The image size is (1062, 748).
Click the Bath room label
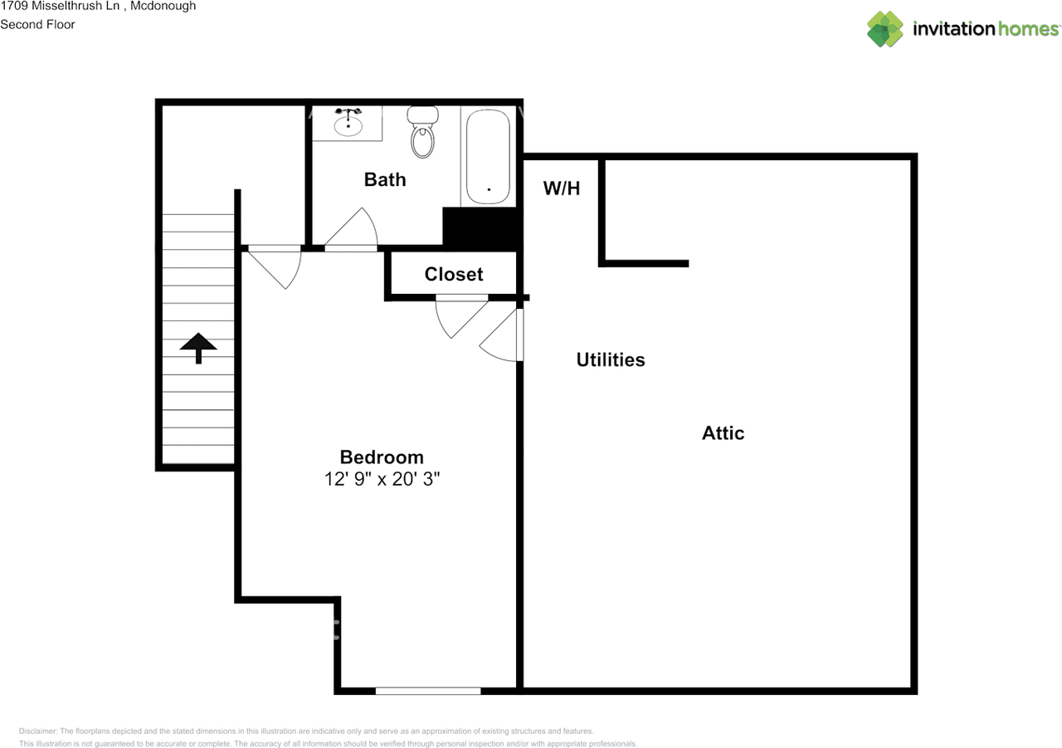point(385,179)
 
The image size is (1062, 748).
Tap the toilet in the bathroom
point(423,133)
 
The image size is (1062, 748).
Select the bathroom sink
point(348,125)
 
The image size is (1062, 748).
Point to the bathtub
point(488,157)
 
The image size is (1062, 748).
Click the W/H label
point(562,188)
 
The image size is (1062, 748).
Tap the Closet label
point(454,275)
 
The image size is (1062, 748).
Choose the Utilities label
point(611,360)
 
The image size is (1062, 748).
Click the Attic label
point(723,433)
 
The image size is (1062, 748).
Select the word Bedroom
point(382,457)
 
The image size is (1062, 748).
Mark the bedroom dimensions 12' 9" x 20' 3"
point(382,480)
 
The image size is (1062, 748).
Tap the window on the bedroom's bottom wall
point(428,690)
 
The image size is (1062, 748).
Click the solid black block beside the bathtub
point(481,227)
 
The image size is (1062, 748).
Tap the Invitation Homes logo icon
point(885,29)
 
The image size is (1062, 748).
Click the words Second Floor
point(37,24)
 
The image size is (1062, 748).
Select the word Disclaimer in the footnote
point(37,731)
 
